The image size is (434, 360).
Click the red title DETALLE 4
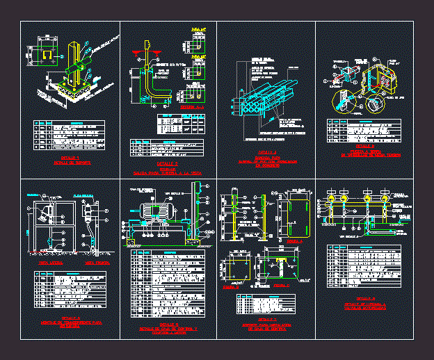363,147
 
